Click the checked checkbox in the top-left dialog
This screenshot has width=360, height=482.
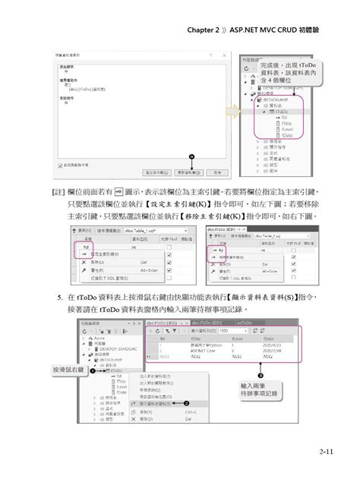click(60, 165)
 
